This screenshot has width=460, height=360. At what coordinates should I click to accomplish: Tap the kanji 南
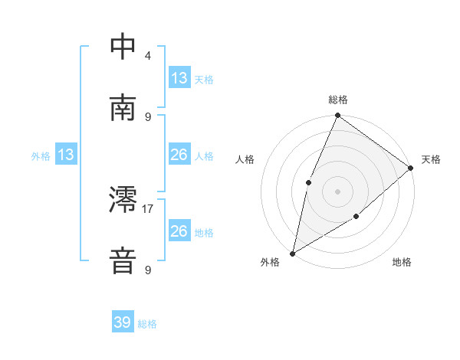coord(123,108)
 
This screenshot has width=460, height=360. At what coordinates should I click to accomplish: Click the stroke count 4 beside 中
coord(148,55)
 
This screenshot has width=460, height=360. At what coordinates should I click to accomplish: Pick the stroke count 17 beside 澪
coord(149,208)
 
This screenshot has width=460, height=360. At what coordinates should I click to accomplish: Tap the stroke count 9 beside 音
coord(148,270)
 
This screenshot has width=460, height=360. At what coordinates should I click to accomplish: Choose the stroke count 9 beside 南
coord(148,116)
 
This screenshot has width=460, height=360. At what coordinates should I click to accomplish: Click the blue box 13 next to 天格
coord(179,77)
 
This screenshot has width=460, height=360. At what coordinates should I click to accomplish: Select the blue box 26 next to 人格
coord(179,155)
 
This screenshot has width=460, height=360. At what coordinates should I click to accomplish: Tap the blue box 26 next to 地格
coord(179,231)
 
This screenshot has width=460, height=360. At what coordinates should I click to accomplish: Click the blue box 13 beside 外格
coord(66,155)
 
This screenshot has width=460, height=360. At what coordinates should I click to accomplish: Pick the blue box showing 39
coord(123,322)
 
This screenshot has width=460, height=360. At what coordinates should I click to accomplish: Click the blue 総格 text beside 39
coord(148,324)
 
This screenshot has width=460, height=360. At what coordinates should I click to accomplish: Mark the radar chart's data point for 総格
coord(337,116)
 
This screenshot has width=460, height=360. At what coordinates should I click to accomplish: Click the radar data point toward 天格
coord(411,168)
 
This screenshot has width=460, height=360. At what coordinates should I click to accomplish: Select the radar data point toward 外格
coord(292,253)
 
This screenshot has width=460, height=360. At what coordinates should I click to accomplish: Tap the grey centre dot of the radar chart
coord(337,191)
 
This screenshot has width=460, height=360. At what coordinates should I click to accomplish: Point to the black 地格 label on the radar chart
coord(402,263)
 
